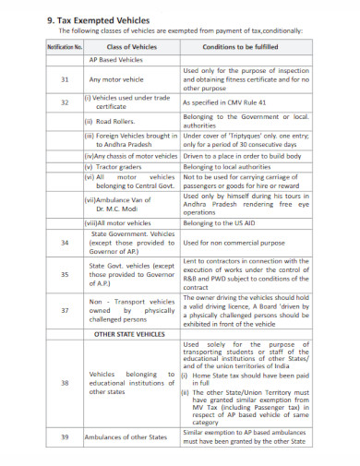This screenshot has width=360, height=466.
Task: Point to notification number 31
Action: point(65,80)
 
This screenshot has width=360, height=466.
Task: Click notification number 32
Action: point(65,102)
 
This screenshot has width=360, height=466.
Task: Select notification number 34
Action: point(65,243)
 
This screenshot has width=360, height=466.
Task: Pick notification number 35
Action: point(65,274)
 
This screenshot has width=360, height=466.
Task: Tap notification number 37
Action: point(65,311)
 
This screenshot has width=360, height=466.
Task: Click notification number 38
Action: point(65,382)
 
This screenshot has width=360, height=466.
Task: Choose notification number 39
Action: point(65,436)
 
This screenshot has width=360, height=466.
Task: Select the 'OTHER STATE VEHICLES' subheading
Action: point(130,333)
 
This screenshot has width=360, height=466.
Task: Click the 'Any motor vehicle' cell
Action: point(119,80)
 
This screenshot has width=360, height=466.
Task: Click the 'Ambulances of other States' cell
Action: point(130,436)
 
